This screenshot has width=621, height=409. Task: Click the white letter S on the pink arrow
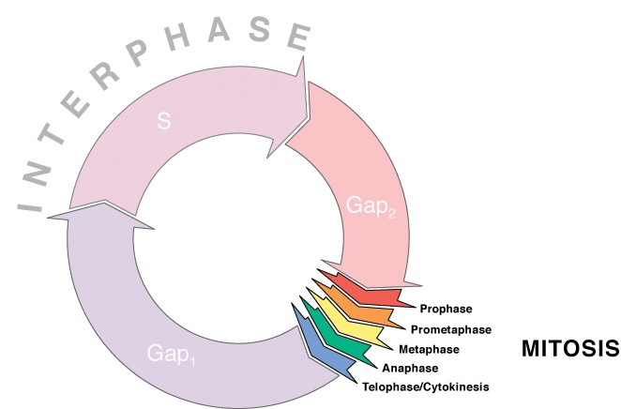tap(164, 121)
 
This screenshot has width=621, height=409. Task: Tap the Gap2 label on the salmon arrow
tap(371, 206)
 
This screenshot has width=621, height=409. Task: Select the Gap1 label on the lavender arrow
tap(171, 354)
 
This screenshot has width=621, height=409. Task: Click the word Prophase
tap(446, 309)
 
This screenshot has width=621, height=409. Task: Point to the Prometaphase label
tap(451, 329)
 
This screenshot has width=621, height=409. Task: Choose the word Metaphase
tap(430, 349)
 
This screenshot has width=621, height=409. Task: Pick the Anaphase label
tap(410, 369)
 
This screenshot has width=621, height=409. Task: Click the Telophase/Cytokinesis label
tap(426, 386)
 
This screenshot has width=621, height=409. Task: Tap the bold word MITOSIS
tap(570, 349)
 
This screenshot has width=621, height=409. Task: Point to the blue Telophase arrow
tap(323, 344)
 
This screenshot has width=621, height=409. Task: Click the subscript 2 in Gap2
tap(392, 214)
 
